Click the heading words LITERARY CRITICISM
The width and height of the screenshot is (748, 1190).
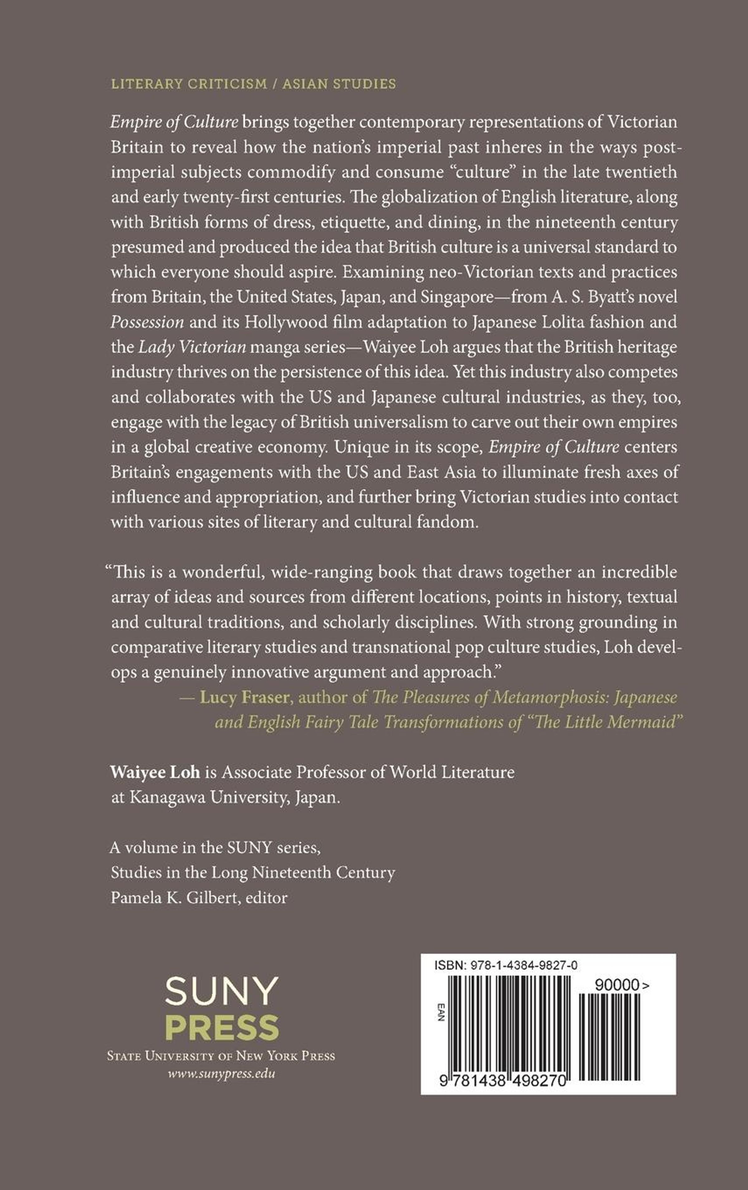click(189, 84)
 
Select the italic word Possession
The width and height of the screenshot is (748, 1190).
click(147, 322)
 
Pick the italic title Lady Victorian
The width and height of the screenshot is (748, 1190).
click(192, 348)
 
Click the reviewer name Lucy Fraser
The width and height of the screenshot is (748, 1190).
click(244, 697)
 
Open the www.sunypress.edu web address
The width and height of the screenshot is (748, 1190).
click(221, 1073)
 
